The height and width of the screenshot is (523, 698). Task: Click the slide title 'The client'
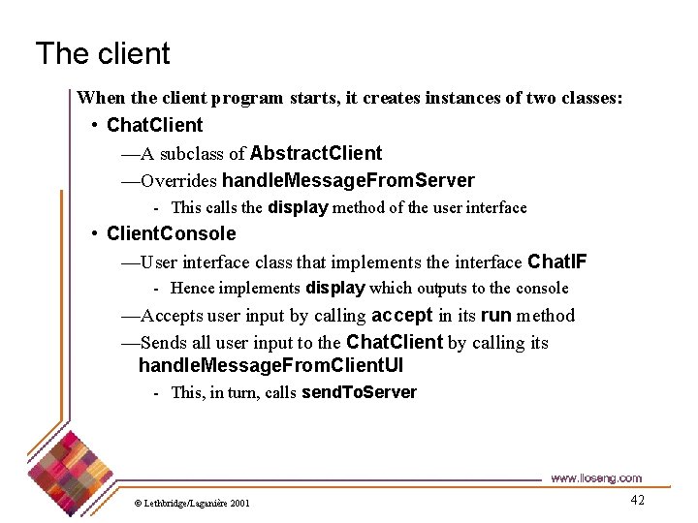click(103, 53)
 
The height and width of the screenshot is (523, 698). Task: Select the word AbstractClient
click(316, 153)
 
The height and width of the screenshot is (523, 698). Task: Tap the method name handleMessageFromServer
click(348, 180)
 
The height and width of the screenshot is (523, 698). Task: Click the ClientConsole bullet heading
click(171, 233)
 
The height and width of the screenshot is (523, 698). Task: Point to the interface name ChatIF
click(556, 261)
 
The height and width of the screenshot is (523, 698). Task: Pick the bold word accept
click(401, 315)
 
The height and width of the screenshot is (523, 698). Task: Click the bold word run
click(495, 315)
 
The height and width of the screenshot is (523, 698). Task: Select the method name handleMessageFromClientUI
click(270, 365)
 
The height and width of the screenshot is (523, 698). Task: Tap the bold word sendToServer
click(359, 392)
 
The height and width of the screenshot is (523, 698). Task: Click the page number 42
click(637, 500)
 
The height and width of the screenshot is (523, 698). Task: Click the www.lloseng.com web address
click(595, 477)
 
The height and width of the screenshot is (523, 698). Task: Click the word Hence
click(193, 288)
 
